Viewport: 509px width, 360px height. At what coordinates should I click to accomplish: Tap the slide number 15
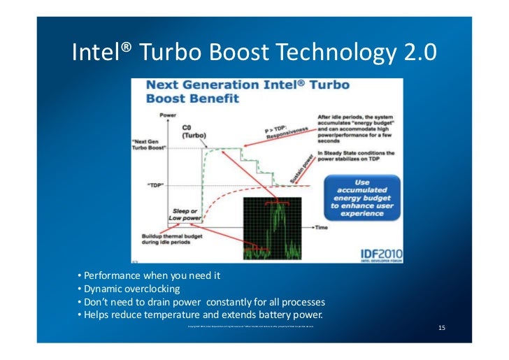(x=441, y=328)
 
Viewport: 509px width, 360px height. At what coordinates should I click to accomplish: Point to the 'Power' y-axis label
(x=168, y=113)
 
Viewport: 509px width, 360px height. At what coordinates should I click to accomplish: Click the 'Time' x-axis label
(x=321, y=228)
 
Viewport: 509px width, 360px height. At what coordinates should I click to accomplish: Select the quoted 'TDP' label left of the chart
(x=155, y=185)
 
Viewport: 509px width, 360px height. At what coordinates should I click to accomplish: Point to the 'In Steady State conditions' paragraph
(x=355, y=156)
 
